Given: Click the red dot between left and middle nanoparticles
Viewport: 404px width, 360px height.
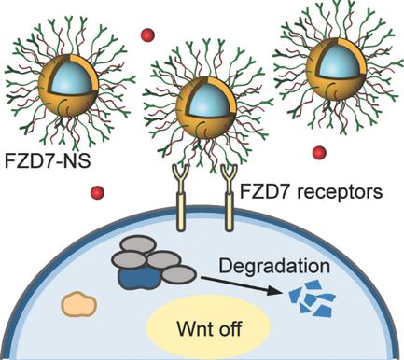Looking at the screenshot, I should [x=146, y=35].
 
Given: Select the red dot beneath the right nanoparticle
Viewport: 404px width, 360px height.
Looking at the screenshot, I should [x=319, y=152].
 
